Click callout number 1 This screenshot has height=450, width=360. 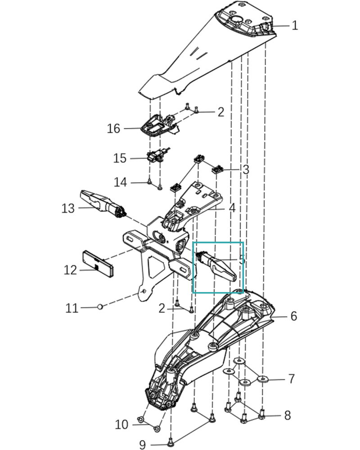(x=295, y=25)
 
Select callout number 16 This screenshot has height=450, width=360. (x=113, y=129)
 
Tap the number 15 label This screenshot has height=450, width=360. (x=120, y=158)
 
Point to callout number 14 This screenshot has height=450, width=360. (x=120, y=183)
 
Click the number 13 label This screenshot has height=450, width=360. (x=68, y=208)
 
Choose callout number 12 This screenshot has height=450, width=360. (x=70, y=270)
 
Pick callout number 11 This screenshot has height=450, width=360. (x=72, y=308)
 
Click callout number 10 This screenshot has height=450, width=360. (x=121, y=424)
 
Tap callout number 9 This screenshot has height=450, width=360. (x=142, y=445)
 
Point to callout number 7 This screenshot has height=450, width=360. (x=291, y=379)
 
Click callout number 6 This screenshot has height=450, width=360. (x=293, y=316)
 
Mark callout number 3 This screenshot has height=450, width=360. (x=245, y=170)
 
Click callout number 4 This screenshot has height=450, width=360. (x=232, y=208)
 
